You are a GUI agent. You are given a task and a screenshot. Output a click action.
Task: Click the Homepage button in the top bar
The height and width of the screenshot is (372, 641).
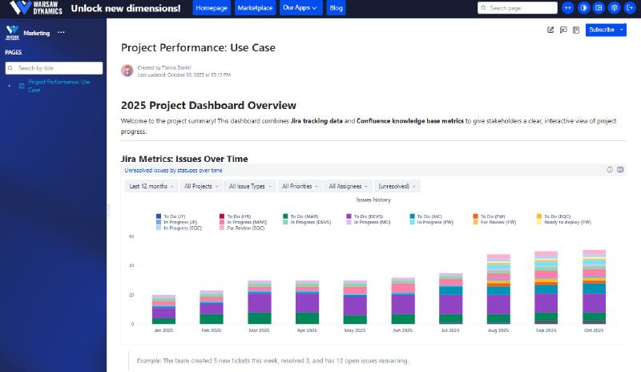point(211,8)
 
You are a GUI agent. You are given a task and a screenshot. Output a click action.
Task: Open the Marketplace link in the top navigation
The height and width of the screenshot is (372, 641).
point(256,8)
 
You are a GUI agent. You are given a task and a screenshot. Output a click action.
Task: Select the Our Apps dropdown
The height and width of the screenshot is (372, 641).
point(301,8)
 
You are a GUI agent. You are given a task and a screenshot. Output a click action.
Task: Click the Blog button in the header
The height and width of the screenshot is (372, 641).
point(337,8)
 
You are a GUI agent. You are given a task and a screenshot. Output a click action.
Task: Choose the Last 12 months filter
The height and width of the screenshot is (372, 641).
point(151,186)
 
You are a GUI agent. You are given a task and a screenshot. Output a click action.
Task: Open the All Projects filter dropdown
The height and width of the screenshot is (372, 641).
point(201,186)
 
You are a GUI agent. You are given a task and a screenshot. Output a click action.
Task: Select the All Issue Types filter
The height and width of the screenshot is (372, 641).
point(249,186)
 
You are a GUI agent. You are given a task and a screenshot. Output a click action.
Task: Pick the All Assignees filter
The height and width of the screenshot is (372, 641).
point(348,186)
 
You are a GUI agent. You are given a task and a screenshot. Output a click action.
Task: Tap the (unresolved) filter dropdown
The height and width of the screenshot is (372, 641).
point(397,186)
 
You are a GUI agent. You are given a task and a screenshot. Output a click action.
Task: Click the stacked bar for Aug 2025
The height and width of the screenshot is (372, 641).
point(498,289)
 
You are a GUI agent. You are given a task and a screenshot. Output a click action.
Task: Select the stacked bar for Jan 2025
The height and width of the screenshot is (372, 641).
point(163,309)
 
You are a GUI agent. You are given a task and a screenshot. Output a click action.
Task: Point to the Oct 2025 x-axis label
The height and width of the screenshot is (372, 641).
point(594,330)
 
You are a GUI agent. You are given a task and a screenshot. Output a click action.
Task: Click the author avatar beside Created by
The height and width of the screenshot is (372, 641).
point(127,71)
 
